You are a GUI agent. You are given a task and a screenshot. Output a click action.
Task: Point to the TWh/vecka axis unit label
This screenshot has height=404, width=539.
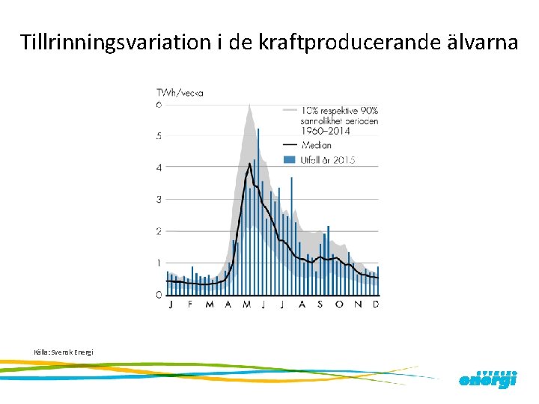(x=180, y=94)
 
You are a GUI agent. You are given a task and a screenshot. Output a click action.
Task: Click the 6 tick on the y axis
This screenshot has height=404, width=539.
(x=159, y=105)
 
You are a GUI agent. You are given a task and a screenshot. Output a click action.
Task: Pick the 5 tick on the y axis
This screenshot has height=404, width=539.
(x=159, y=136)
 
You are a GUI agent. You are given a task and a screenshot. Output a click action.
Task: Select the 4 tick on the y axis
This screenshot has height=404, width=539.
(x=159, y=168)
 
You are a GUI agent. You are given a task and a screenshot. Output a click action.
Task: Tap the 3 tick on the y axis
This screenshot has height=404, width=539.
(x=159, y=200)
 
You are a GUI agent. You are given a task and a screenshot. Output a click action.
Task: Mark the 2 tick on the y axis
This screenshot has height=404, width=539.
(x=159, y=231)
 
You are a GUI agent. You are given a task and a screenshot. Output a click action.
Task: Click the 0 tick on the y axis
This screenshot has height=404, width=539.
(x=159, y=295)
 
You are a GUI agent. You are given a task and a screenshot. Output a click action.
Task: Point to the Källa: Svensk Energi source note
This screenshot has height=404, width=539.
(x=64, y=352)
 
